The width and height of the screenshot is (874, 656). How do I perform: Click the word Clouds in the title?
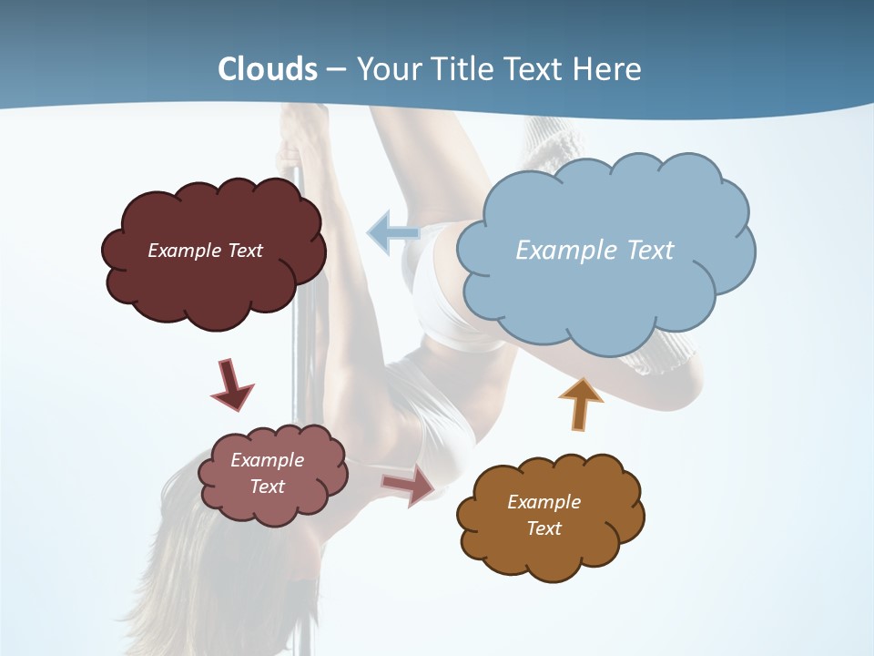point(268,69)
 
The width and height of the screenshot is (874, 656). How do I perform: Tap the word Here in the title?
point(608,69)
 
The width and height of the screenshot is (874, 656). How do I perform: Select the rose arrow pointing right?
point(409,485)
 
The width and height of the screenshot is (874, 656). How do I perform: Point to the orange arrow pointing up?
point(580,403)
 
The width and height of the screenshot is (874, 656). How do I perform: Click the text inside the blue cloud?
point(595,251)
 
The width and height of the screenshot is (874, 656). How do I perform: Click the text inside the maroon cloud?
point(205,251)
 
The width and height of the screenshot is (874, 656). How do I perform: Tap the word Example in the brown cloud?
point(544,502)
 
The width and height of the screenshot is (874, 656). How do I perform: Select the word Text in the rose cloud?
point(267,487)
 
